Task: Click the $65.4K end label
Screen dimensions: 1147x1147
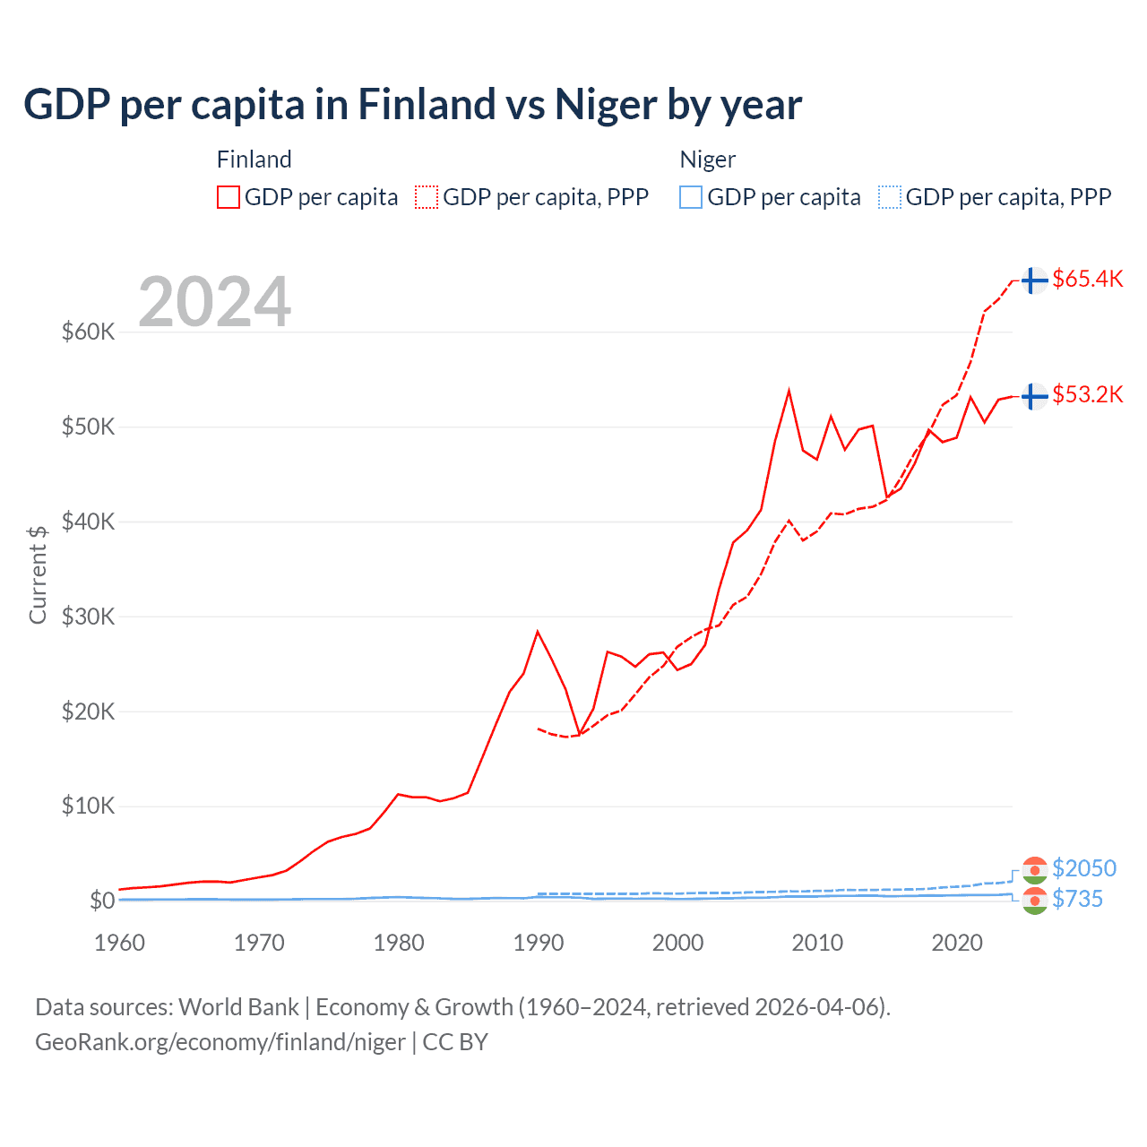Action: (x=1087, y=279)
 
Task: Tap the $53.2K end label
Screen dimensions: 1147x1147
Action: (x=1087, y=394)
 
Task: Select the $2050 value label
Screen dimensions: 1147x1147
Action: (x=1083, y=868)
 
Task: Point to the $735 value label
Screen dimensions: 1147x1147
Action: (x=1077, y=899)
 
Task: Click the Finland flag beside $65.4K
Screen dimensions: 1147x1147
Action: (x=1034, y=280)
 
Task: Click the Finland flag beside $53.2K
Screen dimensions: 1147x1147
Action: (x=1034, y=395)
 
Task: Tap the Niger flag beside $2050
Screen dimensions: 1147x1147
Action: (x=1034, y=869)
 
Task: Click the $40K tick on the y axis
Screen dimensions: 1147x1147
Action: (x=88, y=522)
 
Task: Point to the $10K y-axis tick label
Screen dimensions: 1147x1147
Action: (x=88, y=806)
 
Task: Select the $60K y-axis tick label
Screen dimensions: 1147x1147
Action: (x=88, y=332)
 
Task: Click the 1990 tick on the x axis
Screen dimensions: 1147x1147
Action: (x=539, y=943)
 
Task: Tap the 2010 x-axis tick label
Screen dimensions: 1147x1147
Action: (x=817, y=943)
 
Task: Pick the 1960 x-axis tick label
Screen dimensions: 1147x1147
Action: (x=120, y=943)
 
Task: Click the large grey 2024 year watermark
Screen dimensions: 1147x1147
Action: (x=214, y=302)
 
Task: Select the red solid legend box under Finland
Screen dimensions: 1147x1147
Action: (x=229, y=197)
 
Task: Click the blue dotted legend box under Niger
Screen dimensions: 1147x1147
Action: (x=890, y=197)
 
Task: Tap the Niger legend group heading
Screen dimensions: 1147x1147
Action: (x=707, y=160)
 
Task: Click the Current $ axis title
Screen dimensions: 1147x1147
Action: (x=38, y=574)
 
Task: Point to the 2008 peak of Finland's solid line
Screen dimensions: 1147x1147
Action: (x=789, y=391)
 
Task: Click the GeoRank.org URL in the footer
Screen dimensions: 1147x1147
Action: (x=220, y=1042)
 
